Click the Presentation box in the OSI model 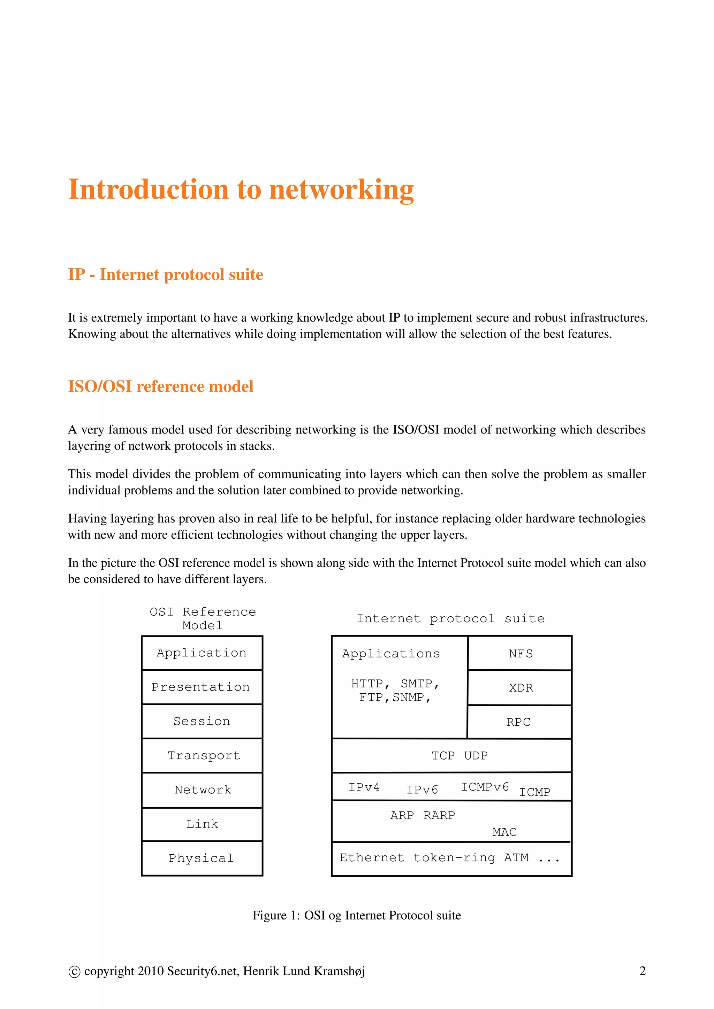pos(202,687)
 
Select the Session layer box pos(202,721)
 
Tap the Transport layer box pos(202,755)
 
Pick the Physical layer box pos(202,858)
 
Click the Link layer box pos(202,824)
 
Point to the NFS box pos(520,654)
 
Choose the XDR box pos(520,688)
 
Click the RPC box pos(519,722)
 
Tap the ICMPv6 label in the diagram pos(485,787)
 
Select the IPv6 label pos(422,790)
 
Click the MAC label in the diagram pos(504,832)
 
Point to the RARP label pos(439,816)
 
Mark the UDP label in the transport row pos(476,756)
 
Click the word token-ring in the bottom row pos(454,858)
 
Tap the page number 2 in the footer pos(642,971)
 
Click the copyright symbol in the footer pos(74,972)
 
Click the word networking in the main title pos(341,190)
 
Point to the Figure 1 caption pos(357,915)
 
